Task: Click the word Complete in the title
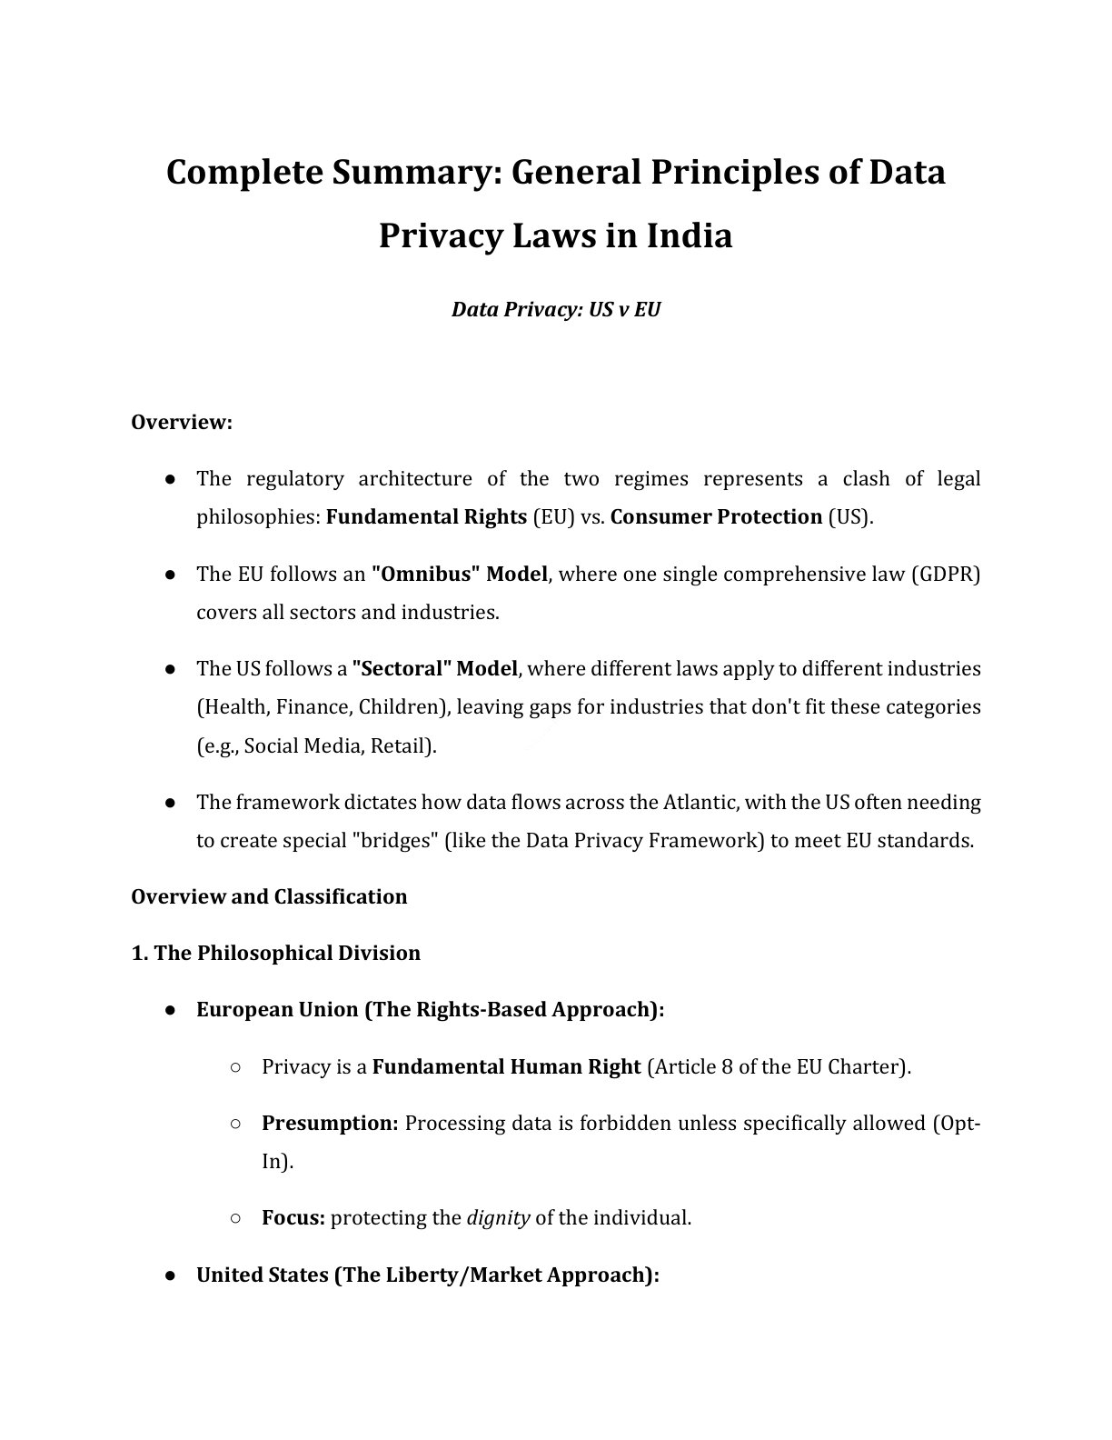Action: coord(233,172)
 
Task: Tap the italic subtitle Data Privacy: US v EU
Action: coord(556,309)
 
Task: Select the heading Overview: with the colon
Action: coord(182,423)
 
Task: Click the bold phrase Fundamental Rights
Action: coord(426,517)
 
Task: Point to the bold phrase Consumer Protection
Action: coord(716,517)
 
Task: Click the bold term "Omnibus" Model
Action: coord(460,575)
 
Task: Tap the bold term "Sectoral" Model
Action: coord(434,669)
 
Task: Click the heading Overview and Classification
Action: coord(269,897)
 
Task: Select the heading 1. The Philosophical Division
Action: coord(275,954)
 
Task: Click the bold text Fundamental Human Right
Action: coord(506,1067)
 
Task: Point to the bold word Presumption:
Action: coord(330,1124)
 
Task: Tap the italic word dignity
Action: coord(498,1218)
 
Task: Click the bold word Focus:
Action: coord(293,1218)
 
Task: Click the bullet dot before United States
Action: coord(170,1275)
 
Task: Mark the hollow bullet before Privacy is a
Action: coord(235,1067)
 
